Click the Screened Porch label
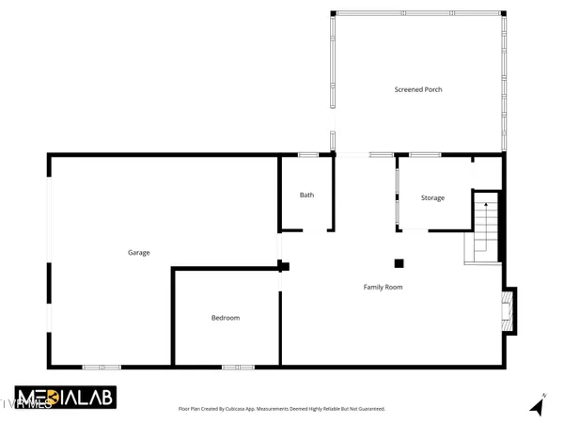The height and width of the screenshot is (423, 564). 417,89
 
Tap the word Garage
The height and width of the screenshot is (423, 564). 139,252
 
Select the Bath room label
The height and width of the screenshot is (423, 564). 306,196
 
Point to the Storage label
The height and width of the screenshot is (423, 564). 432,197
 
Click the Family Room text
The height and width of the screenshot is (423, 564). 384,287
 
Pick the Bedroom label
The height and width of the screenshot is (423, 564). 225,318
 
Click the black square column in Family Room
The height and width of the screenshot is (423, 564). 399,264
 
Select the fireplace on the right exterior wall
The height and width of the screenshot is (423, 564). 509,310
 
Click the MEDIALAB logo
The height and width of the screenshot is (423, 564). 65,398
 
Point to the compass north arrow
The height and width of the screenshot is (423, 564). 539,405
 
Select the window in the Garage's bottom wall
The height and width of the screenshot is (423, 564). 101,366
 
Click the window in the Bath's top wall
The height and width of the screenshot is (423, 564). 307,154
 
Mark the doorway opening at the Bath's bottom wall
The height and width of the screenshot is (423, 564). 313,229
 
